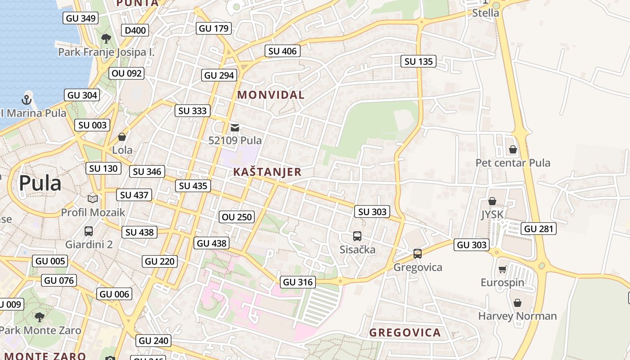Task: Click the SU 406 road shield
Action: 282,51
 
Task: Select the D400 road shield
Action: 135,30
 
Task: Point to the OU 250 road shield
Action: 237,217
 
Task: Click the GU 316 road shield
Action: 297,282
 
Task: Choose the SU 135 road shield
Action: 418,61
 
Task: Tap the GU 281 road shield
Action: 539,229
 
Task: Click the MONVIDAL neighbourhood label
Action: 271,95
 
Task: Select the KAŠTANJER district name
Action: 267,172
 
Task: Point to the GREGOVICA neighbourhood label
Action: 405,333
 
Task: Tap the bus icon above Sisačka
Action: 357,236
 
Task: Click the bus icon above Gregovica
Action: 418,254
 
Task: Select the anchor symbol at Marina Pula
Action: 27,99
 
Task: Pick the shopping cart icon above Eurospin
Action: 502,269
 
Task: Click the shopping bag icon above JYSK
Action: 492,201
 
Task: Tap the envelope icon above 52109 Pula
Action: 234,128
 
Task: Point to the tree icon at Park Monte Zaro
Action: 40,317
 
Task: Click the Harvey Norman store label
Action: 517,316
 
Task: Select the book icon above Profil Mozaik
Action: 93,199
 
